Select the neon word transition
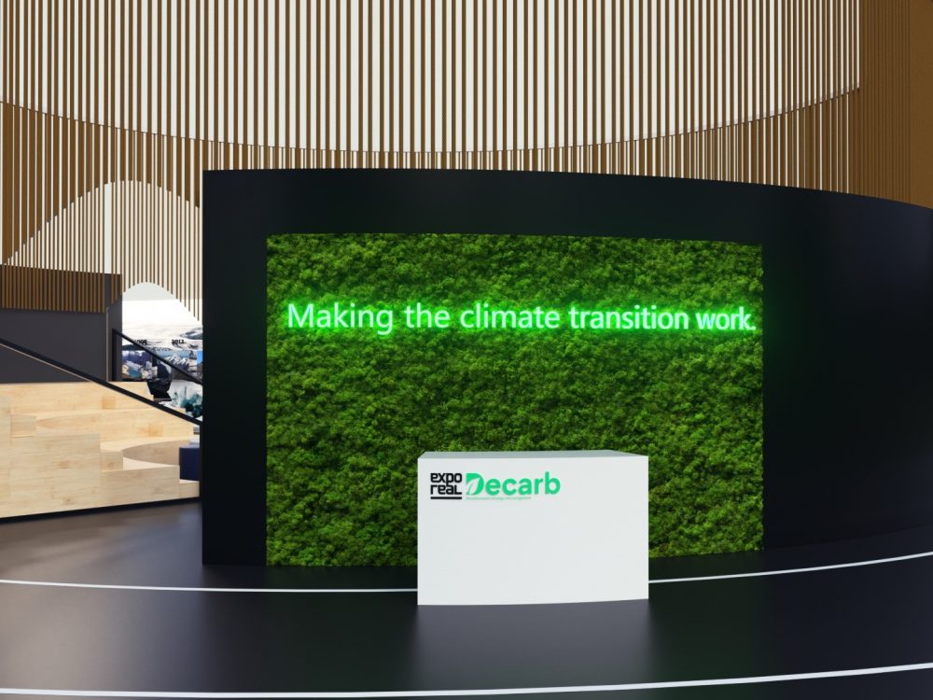tap(629, 317)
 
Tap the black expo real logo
tap(445, 486)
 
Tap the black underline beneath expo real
tap(445, 498)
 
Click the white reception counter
tap(532, 551)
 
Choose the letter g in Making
tap(383, 321)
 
